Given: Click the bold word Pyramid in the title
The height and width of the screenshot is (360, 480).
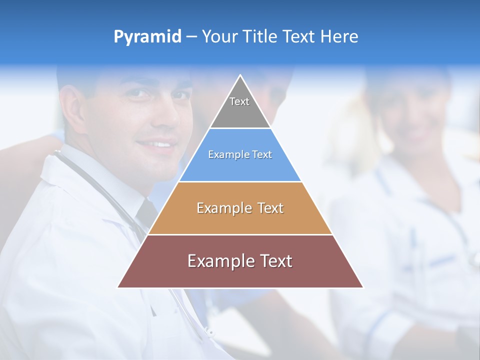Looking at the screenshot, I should (x=147, y=37).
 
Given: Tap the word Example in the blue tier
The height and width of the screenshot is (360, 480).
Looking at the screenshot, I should (x=224, y=155).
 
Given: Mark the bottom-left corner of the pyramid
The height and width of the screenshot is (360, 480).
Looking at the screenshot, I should (x=118, y=287).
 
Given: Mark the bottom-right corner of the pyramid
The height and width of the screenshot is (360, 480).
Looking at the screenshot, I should (x=362, y=287).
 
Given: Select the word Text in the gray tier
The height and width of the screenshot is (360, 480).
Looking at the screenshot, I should (x=239, y=101).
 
